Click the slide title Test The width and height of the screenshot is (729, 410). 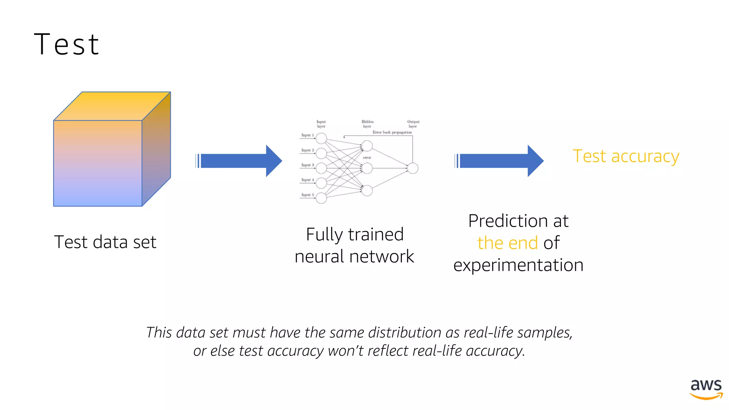pyautogui.click(x=67, y=44)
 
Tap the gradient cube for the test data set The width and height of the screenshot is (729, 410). pyautogui.click(x=107, y=153)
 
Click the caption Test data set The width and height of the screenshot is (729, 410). pyautogui.click(x=105, y=242)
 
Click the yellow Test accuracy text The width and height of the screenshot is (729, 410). pyautogui.click(x=625, y=156)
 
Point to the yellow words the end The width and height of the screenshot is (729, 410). pyautogui.click(x=507, y=243)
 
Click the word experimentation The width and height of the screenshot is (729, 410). pyautogui.click(x=518, y=265)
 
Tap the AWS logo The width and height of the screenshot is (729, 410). pyautogui.click(x=706, y=389)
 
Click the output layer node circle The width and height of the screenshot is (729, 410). pyautogui.click(x=413, y=168)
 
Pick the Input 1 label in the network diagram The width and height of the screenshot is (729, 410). pyautogui.click(x=307, y=135)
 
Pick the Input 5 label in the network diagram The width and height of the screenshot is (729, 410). pyautogui.click(x=307, y=195)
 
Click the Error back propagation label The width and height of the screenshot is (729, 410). pyautogui.click(x=392, y=132)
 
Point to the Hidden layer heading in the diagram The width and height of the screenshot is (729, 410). pyautogui.click(x=367, y=124)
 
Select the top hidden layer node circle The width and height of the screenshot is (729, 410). pyautogui.click(x=367, y=146)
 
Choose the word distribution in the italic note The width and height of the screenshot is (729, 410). pyautogui.click(x=404, y=333)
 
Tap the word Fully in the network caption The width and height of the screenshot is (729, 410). pyautogui.click(x=324, y=235)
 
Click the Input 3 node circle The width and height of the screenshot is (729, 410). pyautogui.click(x=321, y=168)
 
